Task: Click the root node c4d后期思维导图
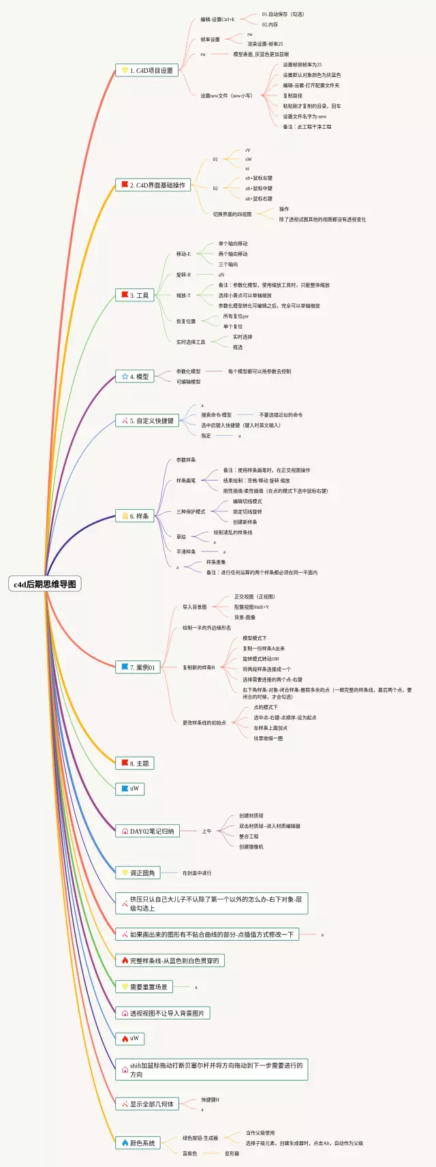pos(45,583)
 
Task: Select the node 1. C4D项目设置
pos(146,70)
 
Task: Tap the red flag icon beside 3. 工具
pos(125,295)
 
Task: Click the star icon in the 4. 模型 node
pos(125,376)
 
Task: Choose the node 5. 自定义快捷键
pos(146,421)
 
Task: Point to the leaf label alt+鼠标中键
pos(259,188)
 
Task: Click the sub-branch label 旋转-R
pos(183,275)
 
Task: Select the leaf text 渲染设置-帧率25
pos(265,44)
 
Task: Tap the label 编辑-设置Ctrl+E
pos(217,19)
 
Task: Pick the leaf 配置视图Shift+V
pos(251,607)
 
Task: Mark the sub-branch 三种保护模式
pos(191,511)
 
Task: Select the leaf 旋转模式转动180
pos(261,658)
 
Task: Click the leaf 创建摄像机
pos(251,847)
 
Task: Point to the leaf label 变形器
pos(232,1153)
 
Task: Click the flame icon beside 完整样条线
pos(125,960)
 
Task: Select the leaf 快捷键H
pos(210,1100)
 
